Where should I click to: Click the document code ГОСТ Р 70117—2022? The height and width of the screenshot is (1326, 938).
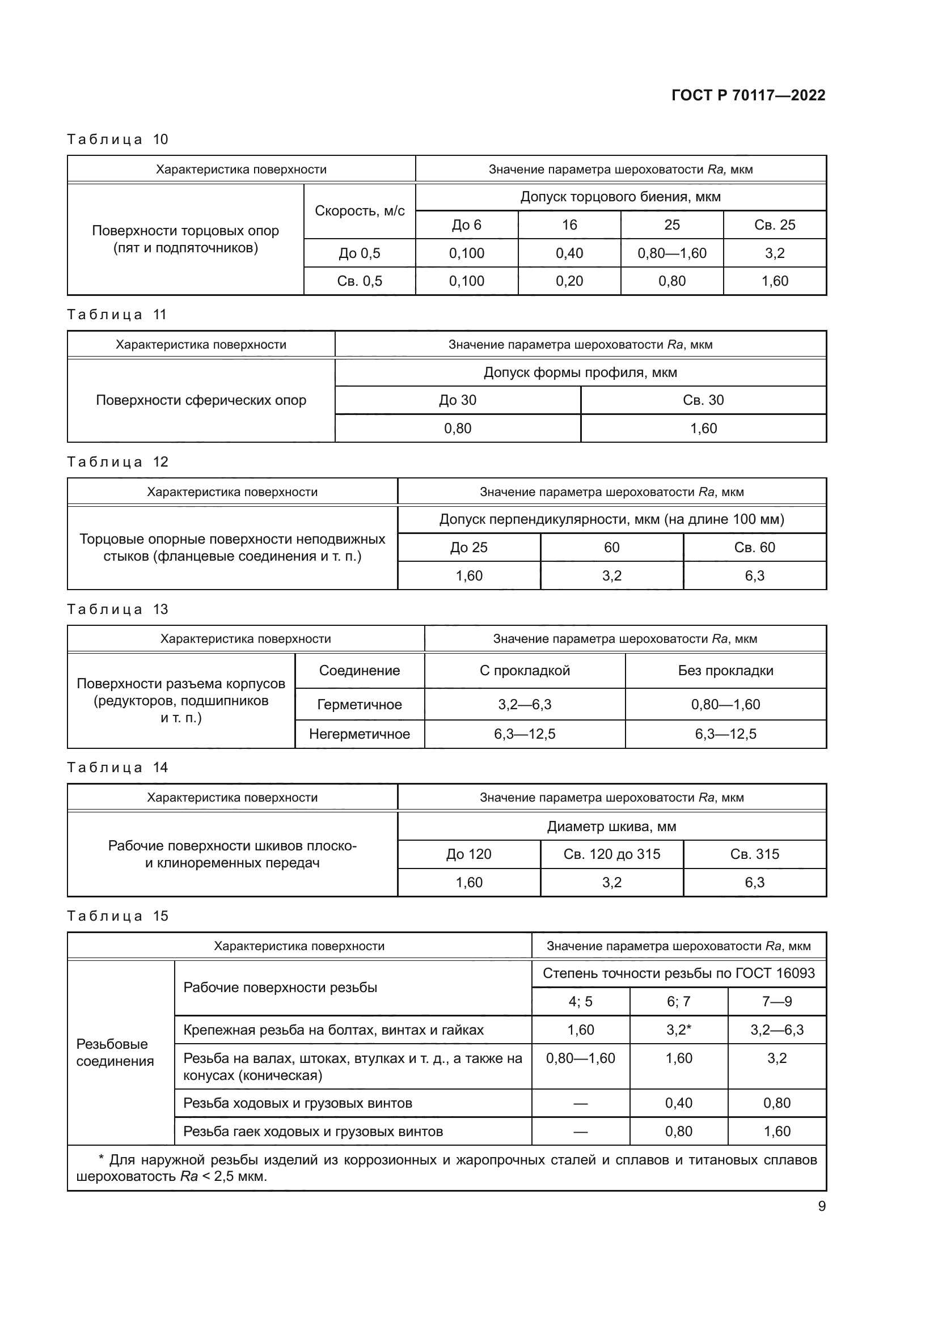[x=748, y=95]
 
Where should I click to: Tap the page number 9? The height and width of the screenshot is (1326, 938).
[x=821, y=1206]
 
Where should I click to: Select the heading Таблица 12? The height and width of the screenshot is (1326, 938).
[x=117, y=462]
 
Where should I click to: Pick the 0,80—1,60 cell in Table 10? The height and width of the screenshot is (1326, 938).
[x=671, y=253]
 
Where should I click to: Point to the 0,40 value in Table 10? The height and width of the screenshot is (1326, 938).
[x=569, y=253]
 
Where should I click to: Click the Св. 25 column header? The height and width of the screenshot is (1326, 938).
[x=774, y=224]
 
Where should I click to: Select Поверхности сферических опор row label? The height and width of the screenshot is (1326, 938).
[x=200, y=400]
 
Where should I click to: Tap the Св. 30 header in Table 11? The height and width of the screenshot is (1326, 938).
[x=703, y=400]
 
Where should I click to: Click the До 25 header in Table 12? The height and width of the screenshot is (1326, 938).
[x=468, y=548]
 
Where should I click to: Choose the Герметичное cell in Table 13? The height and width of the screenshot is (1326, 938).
[x=359, y=705]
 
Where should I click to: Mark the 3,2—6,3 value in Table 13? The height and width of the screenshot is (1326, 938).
[x=525, y=705]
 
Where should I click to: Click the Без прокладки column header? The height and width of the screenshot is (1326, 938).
[x=725, y=671]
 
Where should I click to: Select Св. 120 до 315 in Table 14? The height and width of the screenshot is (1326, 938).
[x=611, y=854]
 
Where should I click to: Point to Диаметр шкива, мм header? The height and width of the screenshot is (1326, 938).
[x=611, y=827]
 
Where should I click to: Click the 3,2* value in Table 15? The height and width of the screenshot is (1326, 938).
[x=678, y=1030]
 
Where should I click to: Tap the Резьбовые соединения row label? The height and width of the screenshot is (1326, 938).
[x=115, y=1052]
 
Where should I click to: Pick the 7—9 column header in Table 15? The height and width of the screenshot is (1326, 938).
[x=776, y=1001]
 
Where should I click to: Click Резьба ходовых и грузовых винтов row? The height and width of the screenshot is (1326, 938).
[x=298, y=1103]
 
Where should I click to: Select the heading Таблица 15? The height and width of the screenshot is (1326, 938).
[x=117, y=916]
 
